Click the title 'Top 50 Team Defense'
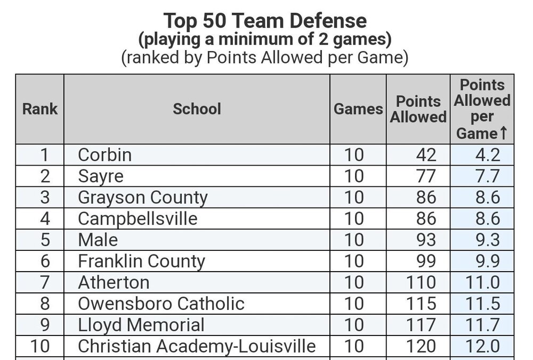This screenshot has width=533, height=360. [x=265, y=20]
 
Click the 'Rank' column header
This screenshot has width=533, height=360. [x=40, y=109]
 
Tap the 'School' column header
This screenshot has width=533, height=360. [x=197, y=109]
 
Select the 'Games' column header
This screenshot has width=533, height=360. [x=358, y=109]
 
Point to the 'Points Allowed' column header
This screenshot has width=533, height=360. [x=418, y=109]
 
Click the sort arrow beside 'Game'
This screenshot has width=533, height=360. [x=504, y=133]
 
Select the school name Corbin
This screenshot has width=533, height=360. [x=104, y=155]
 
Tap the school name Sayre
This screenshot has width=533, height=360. [x=101, y=177]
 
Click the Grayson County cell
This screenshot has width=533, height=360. [x=143, y=198]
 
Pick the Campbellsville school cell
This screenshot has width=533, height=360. [x=138, y=219]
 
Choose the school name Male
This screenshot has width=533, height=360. [x=98, y=240]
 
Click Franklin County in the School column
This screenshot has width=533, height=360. [x=141, y=261]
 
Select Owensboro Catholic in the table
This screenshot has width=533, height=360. [x=161, y=304]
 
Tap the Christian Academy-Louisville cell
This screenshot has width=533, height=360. [x=197, y=346]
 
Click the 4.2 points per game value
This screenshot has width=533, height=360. [x=488, y=155]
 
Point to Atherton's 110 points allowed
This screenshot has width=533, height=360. [x=421, y=283]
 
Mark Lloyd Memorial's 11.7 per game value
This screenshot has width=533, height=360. [x=482, y=325]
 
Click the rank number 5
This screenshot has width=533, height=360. [x=45, y=240]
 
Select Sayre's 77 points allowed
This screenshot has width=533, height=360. [x=426, y=177]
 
